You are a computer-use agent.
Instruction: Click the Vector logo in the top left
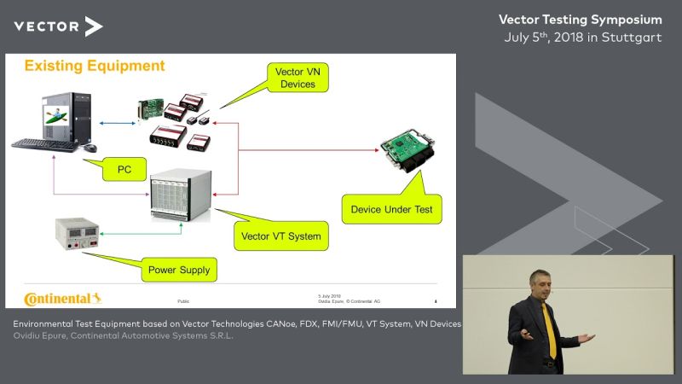point(58,26)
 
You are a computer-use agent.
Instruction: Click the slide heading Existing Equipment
point(94,66)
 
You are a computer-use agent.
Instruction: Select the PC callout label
point(124,170)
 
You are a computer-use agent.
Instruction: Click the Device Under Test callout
point(391,209)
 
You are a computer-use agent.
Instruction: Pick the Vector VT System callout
point(280,236)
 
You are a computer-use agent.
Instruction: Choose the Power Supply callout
point(178,271)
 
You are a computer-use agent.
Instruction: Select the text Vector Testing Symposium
point(580,19)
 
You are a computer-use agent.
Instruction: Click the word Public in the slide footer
point(183,301)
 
